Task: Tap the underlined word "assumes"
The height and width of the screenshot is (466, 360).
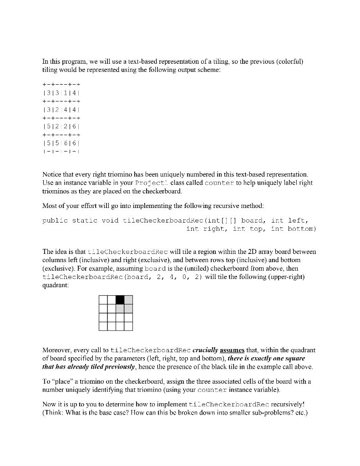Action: pyautogui.click(x=232, y=350)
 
